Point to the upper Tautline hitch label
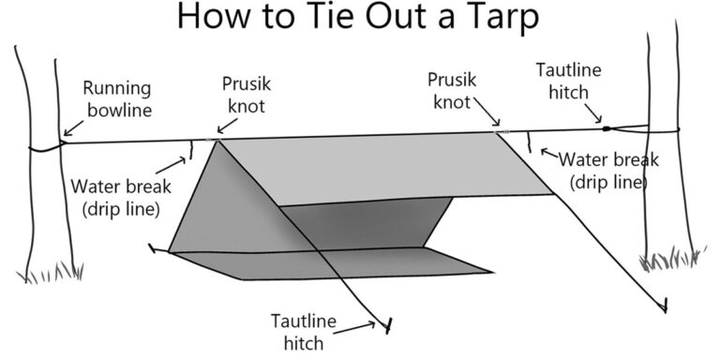[567, 80]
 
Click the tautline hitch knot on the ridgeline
[606, 128]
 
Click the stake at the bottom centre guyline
[384, 324]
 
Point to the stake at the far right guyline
[666, 304]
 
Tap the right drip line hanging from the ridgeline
[530, 142]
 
